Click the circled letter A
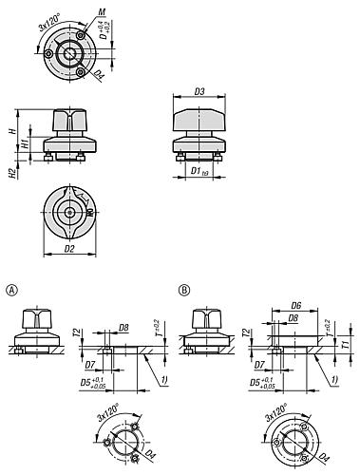(11, 288)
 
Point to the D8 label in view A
(124, 328)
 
